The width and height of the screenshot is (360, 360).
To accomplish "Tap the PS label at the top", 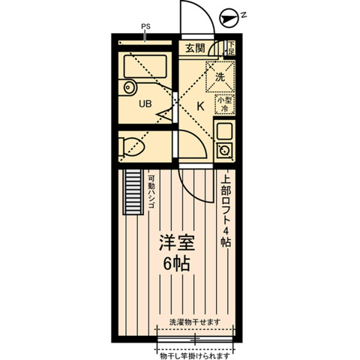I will pyautogui.click(x=145, y=28).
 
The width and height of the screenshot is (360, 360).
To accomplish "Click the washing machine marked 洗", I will pyautogui.click(x=220, y=76).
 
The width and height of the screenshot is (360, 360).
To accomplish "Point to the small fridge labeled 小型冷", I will pyautogui.click(x=224, y=103).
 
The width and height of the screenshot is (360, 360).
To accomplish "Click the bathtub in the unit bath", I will pyautogui.click(x=142, y=75).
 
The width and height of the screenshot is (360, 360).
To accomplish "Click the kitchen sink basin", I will pyautogui.click(x=224, y=132).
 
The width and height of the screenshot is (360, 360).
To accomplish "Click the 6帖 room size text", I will pyautogui.click(x=176, y=264).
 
